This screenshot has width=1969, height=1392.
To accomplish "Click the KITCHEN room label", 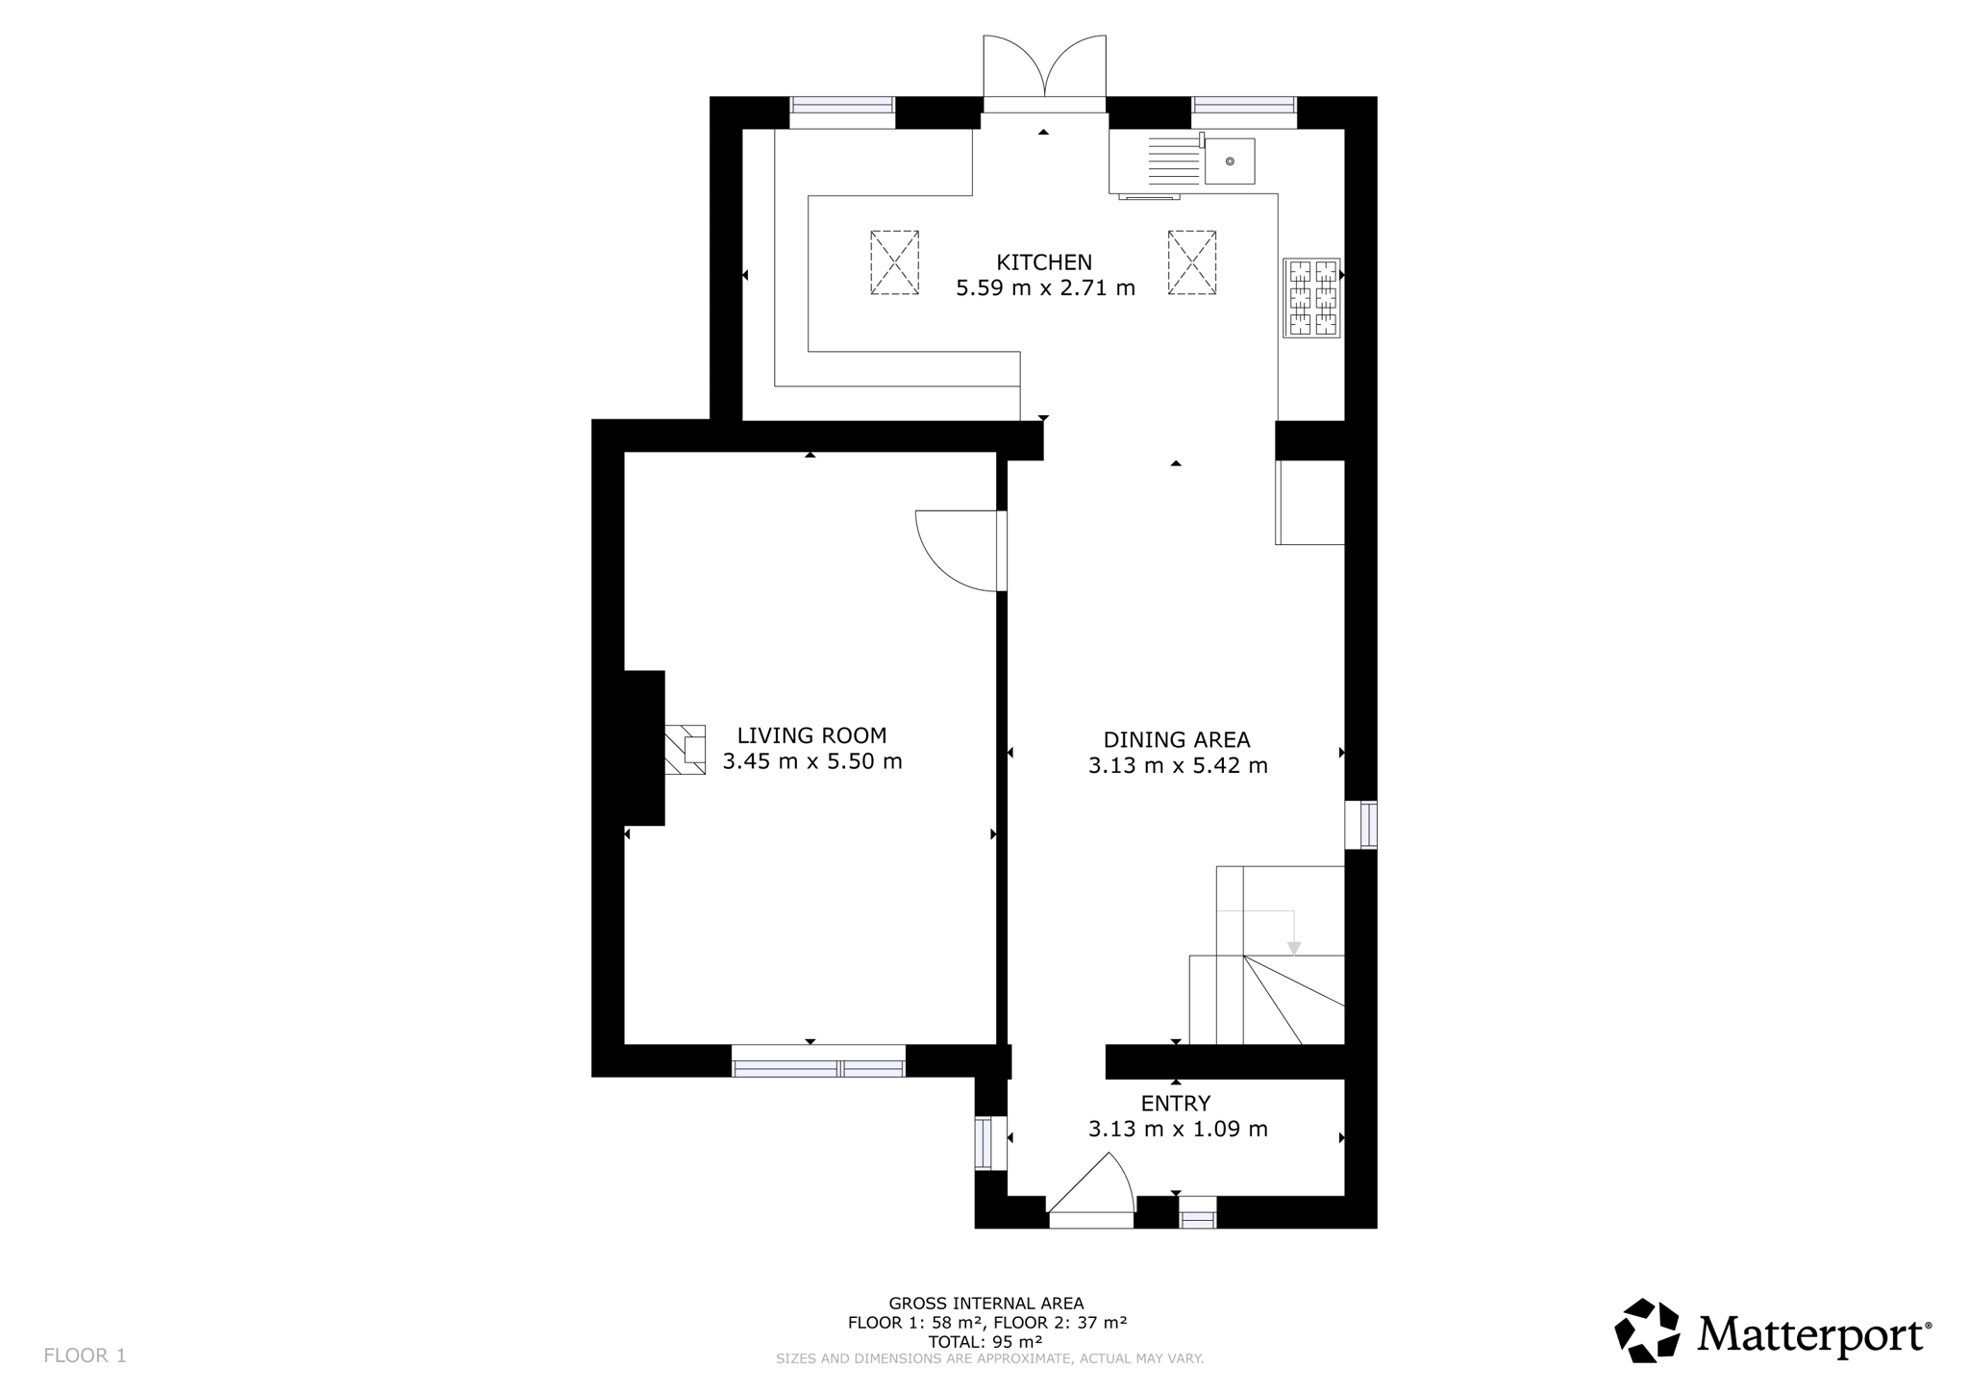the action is [x=1044, y=262].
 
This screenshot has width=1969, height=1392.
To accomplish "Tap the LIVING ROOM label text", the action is [x=811, y=735].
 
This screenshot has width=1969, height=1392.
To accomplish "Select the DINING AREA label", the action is [x=1177, y=740].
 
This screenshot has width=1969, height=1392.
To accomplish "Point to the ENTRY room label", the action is [x=1176, y=1104].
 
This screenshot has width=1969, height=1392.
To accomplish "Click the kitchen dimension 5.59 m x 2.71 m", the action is [x=1045, y=288].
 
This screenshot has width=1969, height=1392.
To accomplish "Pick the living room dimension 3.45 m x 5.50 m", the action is [x=812, y=762].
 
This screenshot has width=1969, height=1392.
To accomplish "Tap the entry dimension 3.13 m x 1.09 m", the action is [x=1178, y=1130].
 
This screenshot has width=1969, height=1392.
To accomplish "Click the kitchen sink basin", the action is [x=1230, y=162].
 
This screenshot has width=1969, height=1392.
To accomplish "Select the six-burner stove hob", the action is [x=1311, y=298].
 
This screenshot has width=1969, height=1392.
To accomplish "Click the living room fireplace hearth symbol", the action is [x=685, y=750].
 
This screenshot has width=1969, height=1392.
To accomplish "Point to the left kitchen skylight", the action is [x=895, y=262].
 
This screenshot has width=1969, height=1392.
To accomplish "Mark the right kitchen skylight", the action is [x=1192, y=262].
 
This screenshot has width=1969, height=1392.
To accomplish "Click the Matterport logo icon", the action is [x=1647, y=1330].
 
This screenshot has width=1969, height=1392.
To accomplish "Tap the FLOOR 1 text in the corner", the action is [x=85, y=1355].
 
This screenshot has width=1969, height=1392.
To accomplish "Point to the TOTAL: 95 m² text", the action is [x=985, y=1342].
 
